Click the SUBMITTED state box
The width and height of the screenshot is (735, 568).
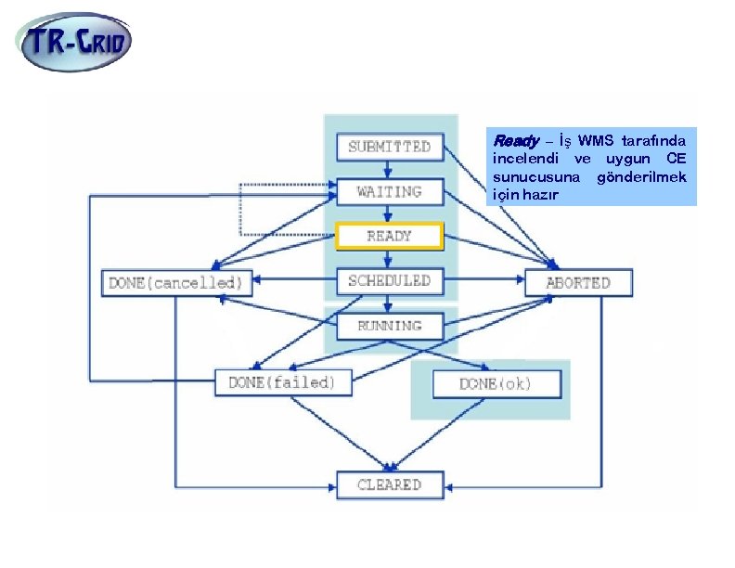tap(389, 147)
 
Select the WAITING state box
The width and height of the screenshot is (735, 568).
tap(389, 192)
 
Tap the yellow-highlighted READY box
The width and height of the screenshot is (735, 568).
tap(389, 236)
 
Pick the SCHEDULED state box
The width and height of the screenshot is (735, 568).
tap(389, 280)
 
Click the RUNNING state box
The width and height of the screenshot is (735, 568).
tap(389, 326)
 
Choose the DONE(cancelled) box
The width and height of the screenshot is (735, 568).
tap(176, 282)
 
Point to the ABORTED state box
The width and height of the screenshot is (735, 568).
tap(578, 282)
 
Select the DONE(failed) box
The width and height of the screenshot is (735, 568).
tap(283, 382)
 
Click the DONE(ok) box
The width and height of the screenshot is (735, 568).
tap(496, 383)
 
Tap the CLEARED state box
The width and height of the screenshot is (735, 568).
tap(389, 484)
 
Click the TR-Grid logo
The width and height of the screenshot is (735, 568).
tap(75, 41)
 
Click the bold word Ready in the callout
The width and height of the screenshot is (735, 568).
tap(515, 141)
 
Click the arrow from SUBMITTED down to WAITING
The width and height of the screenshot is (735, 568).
tap(389, 169)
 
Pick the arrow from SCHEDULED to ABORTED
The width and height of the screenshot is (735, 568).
tap(484, 279)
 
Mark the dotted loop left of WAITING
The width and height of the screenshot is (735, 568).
tap(241, 209)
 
